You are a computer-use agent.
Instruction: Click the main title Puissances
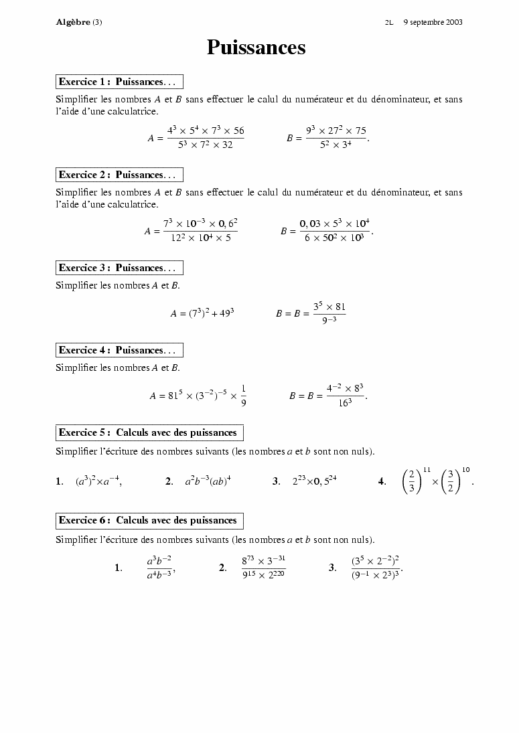[256, 48]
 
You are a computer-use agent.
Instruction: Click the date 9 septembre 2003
[433, 22]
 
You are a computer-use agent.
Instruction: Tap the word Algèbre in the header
[73, 22]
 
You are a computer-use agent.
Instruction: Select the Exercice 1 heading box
[119, 82]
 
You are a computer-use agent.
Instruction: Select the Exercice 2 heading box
[119, 175]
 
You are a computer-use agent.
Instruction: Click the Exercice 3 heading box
[119, 268]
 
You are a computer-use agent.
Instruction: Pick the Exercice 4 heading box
[119, 350]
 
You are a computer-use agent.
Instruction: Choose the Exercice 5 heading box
[149, 432]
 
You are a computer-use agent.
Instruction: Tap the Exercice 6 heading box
[149, 520]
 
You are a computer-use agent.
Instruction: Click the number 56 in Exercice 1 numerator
[238, 131]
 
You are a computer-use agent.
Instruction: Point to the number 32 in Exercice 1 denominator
[227, 145]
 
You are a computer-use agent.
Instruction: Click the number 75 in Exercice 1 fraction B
[360, 131]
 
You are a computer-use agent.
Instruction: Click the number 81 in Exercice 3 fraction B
[340, 307]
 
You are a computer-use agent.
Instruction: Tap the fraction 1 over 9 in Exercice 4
[243, 395]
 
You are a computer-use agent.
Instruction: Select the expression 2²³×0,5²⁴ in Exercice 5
[314, 481]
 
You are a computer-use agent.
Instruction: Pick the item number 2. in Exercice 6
[223, 568]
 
